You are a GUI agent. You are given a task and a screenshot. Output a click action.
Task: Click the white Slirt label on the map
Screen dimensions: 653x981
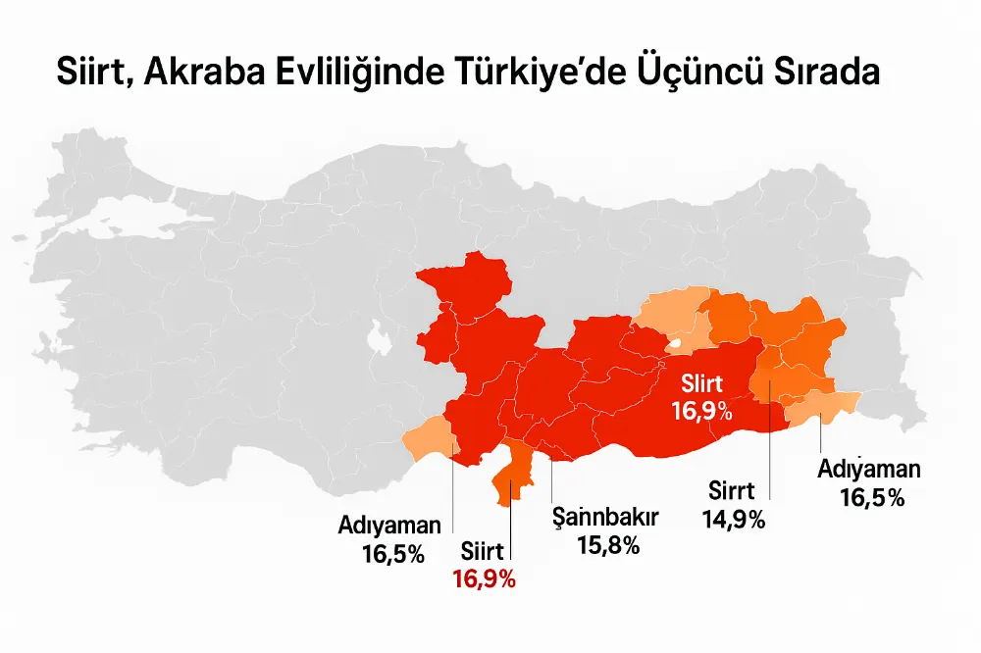coord(701,383)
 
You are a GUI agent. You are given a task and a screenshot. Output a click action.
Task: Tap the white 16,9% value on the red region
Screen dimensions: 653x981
coord(701,410)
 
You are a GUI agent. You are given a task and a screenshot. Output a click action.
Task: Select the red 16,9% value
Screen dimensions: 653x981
coord(484,578)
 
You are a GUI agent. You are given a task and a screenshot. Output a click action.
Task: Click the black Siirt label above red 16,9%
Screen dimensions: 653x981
coord(484,552)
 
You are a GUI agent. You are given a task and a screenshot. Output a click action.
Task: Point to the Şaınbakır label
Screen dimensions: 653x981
coord(604,518)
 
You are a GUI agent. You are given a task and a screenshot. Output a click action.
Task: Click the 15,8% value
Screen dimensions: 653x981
coord(608,545)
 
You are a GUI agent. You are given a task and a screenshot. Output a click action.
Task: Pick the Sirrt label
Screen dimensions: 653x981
coord(734,492)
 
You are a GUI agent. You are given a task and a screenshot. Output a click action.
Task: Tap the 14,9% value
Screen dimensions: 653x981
coord(734,520)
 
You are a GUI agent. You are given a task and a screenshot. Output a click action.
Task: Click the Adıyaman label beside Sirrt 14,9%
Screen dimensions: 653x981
coord(869,470)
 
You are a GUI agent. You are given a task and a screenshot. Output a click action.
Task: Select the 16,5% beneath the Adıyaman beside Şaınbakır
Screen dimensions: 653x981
coord(392,554)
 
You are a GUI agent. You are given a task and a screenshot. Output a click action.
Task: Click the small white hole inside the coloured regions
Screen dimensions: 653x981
coord(677,345)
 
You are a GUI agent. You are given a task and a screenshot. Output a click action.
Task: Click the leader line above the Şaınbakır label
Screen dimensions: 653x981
coord(552,480)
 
